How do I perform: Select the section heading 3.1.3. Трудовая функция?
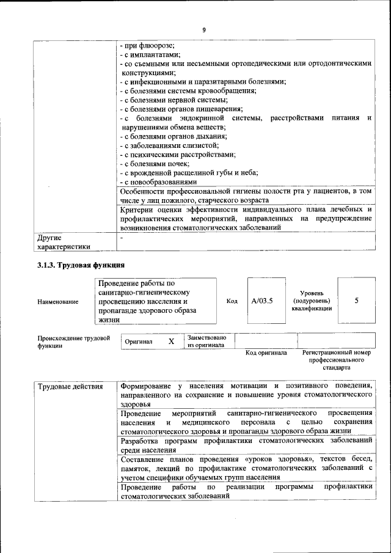(x=81, y=265)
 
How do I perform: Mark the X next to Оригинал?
(x=172, y=342)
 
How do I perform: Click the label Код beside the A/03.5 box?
(x=232, y=301)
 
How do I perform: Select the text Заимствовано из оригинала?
(x=206, y=341)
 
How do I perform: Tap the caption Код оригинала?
(x=266, y=353)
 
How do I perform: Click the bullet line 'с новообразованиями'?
(x=159, y=181)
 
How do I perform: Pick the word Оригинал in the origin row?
(x=139, y=342)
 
